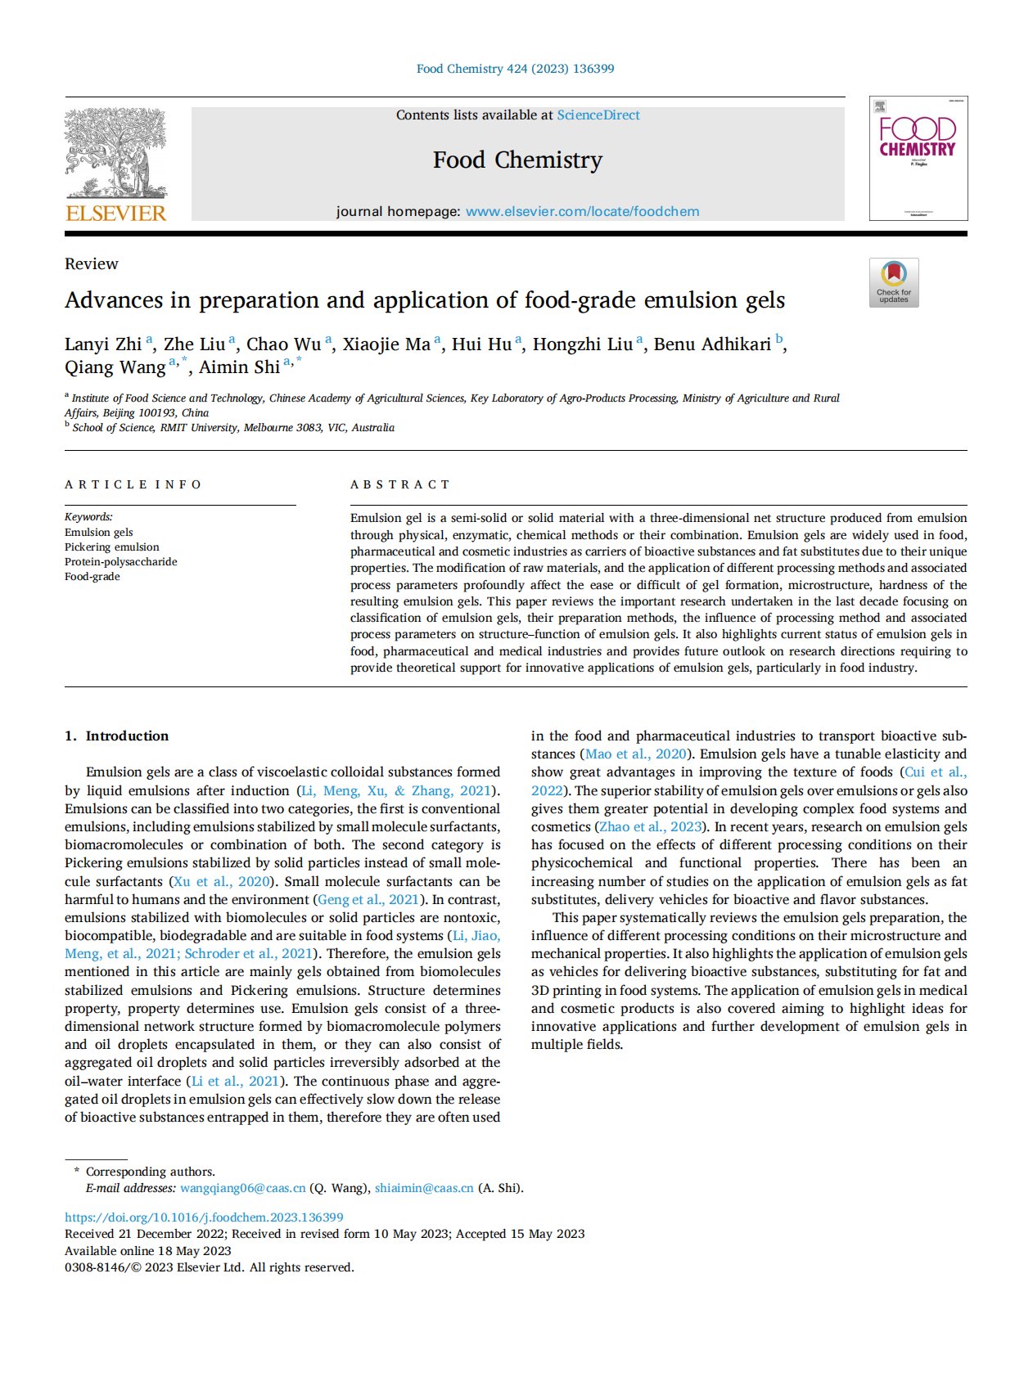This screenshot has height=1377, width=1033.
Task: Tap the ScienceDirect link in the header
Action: pyautogui.click(x=598, y=115)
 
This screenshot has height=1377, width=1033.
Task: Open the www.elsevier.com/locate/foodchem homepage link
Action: pyautogui.click(x=582, y=212)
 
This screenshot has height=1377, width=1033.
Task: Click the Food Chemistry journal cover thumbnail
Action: pyautogui.click(x=918, y=159)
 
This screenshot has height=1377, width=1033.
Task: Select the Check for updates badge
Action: pyautogui.click(x=894, y=283)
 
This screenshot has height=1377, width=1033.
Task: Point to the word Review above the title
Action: pyautogui.click(x=92, y=264)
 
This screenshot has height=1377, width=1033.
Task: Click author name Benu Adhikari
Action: pyautogui.click(x=712, y=344)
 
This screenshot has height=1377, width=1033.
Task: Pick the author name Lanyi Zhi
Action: pyautogui.click(x=103, y=344)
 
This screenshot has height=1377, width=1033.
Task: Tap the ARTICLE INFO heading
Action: pyautogui.click(x=133, y=484)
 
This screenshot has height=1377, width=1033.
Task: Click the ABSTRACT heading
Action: pyautogui.click(x=400, y=484)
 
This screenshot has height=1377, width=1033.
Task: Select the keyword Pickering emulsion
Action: pyautogui.click(x=112, y=547)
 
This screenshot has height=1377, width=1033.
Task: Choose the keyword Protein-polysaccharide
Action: pyautogui.click(x=121, y=562)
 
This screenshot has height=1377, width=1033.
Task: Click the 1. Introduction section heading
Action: pyautogui.click(x=117, y=736)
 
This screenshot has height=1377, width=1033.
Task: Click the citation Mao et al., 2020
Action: pyautogui.click(x=636, y=754)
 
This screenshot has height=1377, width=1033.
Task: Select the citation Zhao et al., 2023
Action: pyautogui.click(x=651, y=827)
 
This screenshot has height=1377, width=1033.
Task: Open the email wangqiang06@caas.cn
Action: pyautogui.click(x=243, y=1188)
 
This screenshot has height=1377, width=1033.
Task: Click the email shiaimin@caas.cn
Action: pyautogui.click(x=424, y=1188)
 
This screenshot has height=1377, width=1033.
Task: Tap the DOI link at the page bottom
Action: pyautogui.click(x=204, y=1217)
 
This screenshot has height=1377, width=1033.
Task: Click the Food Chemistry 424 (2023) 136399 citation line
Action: pyautogui.click(x=516, y=69)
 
